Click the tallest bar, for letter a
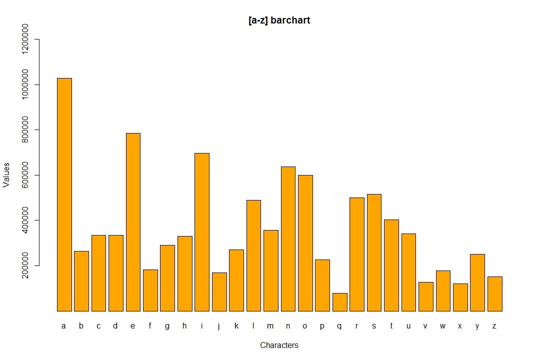click(x=64, y=194)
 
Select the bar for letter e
click(x=133, y=222)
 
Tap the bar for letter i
click(x=202, y=232)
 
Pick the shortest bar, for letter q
click(x=340, y=302)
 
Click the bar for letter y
click(x=477, y=282)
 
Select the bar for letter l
click(x=253, y=255)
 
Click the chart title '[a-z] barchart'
click(x=279, y=20)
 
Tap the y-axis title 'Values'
click(x=6, y=174)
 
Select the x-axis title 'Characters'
click(x=279, y=345)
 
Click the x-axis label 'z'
click(x=494, y=326)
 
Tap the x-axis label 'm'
click(x=270, y=326)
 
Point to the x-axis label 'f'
click(x=150, y=326)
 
